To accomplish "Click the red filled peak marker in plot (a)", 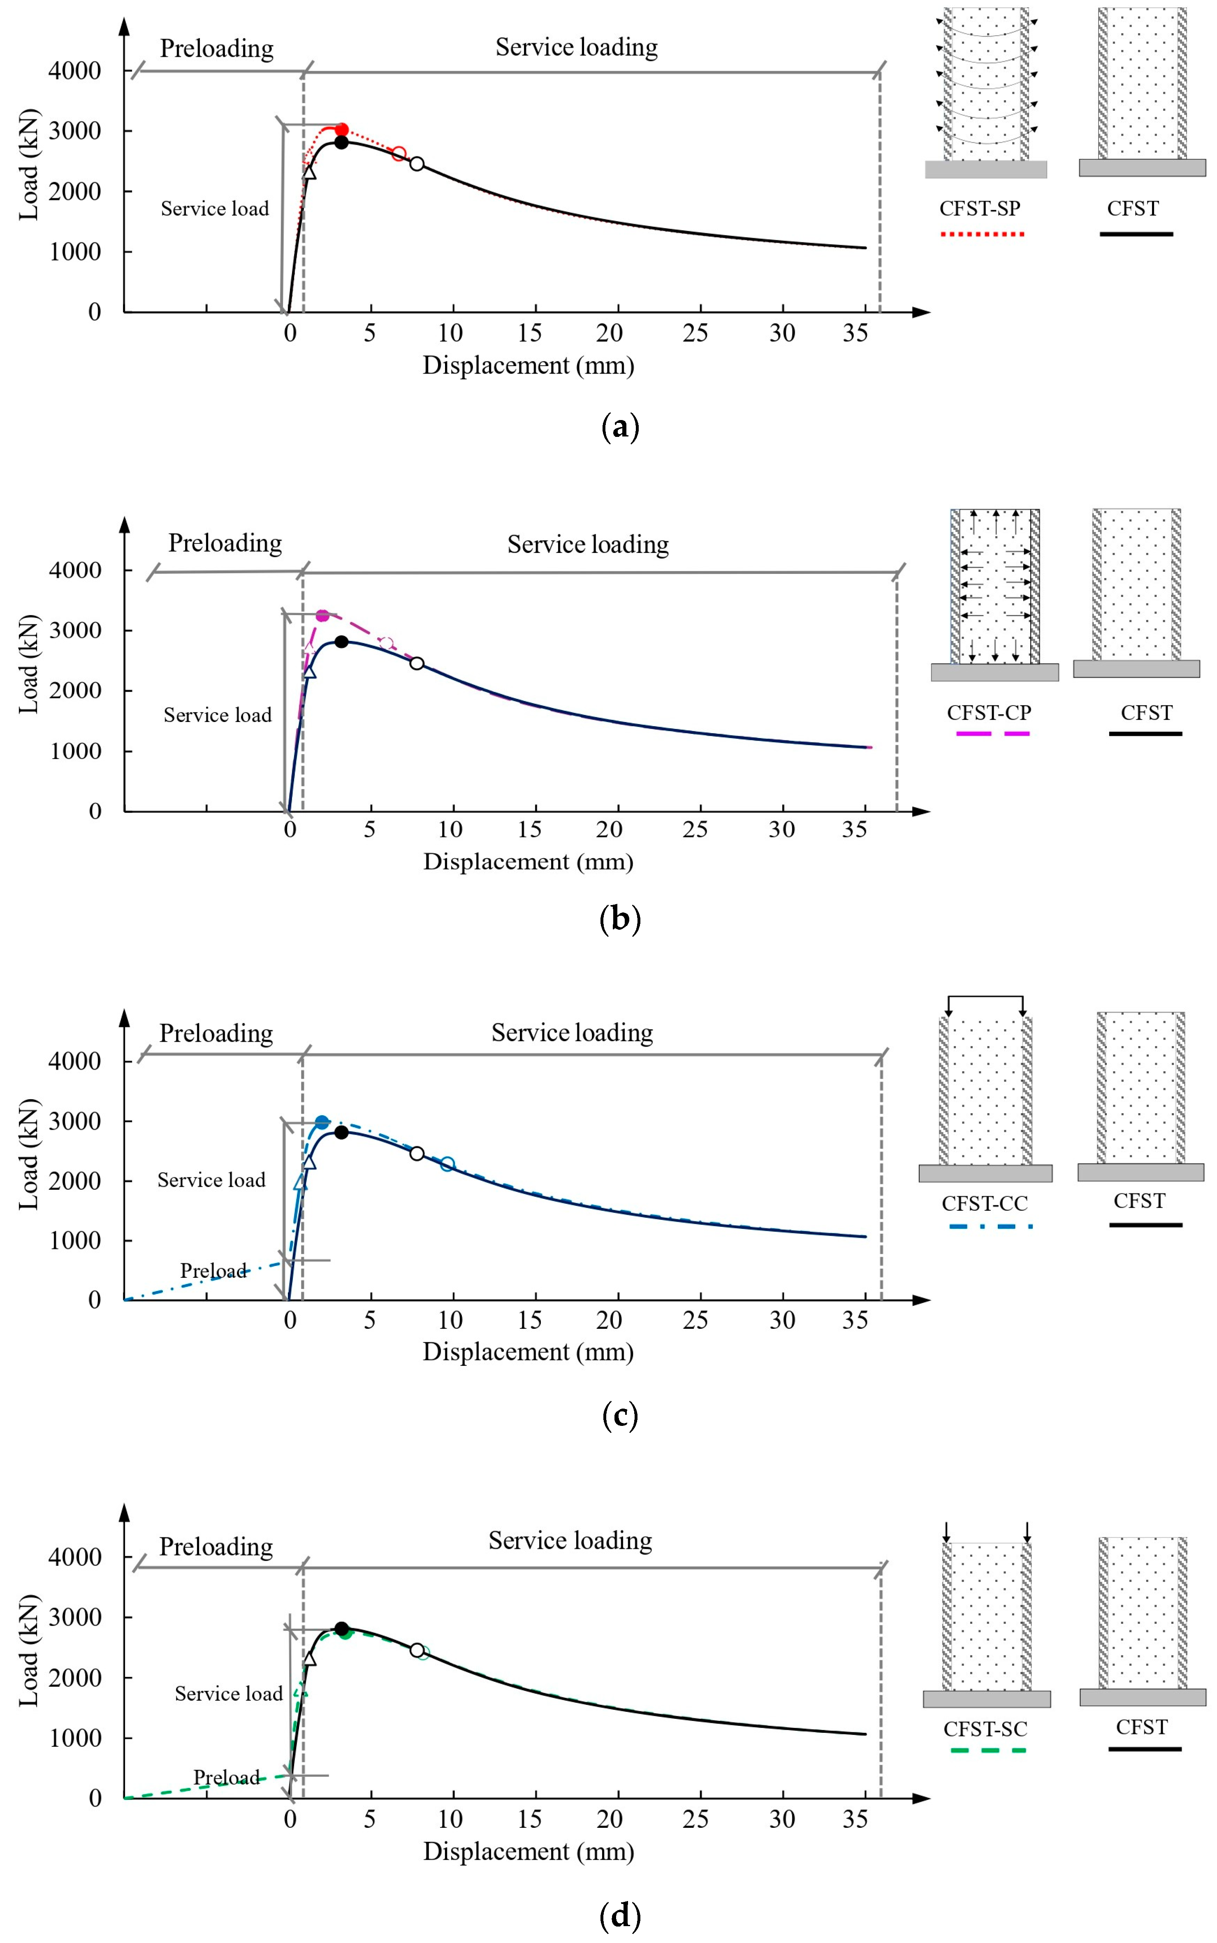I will tap(341, 130).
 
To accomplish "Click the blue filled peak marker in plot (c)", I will tap(322, 1122).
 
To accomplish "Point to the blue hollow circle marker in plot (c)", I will tap(447, 1164).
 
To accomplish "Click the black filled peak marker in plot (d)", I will tap(341, 1628).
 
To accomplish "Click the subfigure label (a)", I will tap(620, 427).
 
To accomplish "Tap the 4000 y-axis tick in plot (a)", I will tap(75, 71).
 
